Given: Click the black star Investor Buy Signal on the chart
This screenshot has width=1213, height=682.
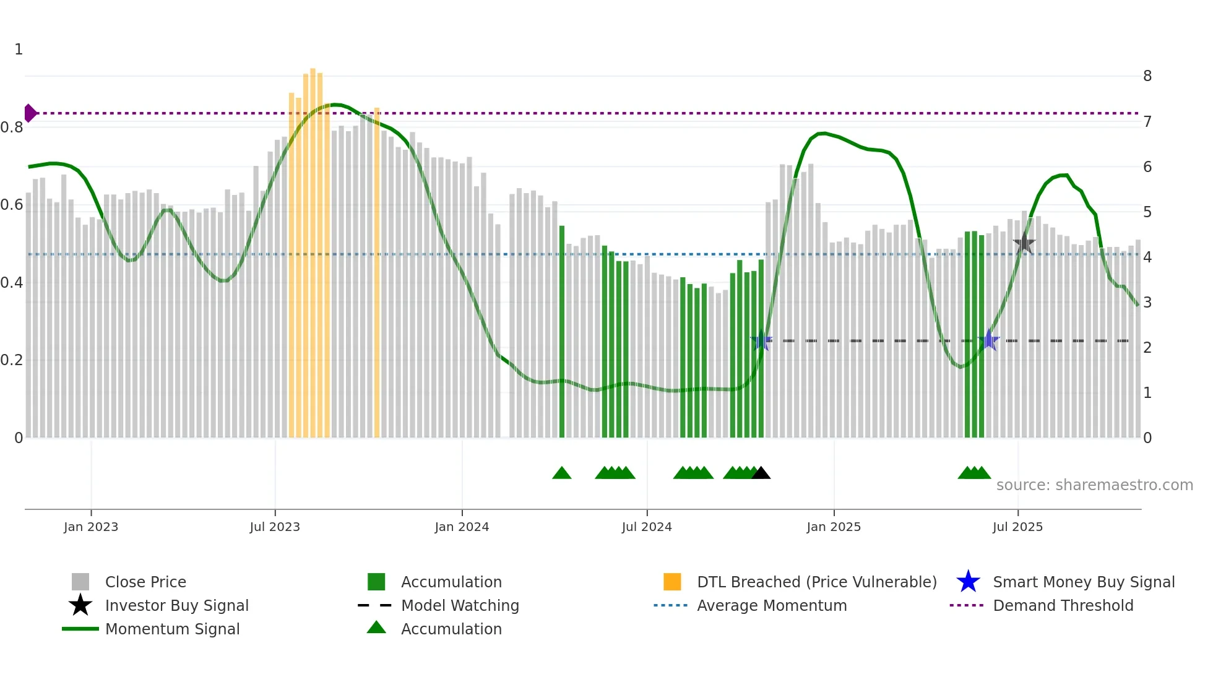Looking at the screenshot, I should (1024, 243).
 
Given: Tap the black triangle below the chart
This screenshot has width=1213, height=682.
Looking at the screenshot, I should (761, 473).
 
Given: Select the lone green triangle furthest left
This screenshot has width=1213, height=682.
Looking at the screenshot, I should (561, 473).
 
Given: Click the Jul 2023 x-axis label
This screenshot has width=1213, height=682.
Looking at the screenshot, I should (275, 527).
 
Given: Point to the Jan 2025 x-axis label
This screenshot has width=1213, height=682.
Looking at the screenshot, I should (834, 527).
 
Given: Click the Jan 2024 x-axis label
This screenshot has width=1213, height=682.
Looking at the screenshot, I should (462, 527).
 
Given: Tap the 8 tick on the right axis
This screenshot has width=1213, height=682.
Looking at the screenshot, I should (1147, 76).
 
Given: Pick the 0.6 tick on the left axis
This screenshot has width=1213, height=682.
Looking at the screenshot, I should (12, 205).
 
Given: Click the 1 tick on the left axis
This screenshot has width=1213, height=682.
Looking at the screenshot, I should (19, 50).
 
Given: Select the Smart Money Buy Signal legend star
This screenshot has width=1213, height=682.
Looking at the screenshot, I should (968, 582).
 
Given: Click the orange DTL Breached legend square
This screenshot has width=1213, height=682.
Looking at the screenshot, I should (672, 582).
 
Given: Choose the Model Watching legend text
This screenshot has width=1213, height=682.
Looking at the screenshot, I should (460, 605).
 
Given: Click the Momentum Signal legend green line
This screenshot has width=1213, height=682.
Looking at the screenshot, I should (80, 629).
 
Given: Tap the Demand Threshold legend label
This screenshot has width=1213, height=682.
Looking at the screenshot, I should (1063, 605).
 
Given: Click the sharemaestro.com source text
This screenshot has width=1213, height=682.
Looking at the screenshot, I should (1094, 485).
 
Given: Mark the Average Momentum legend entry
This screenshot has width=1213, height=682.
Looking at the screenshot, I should (771, 605).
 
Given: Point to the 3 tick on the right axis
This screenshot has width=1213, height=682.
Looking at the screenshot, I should (1147, 303).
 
